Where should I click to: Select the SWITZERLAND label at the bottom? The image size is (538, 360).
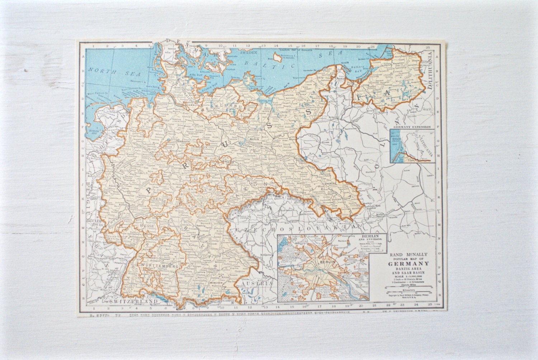click(x=133, y=302)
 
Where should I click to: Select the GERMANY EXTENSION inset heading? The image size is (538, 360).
click(x=412, y=127)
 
